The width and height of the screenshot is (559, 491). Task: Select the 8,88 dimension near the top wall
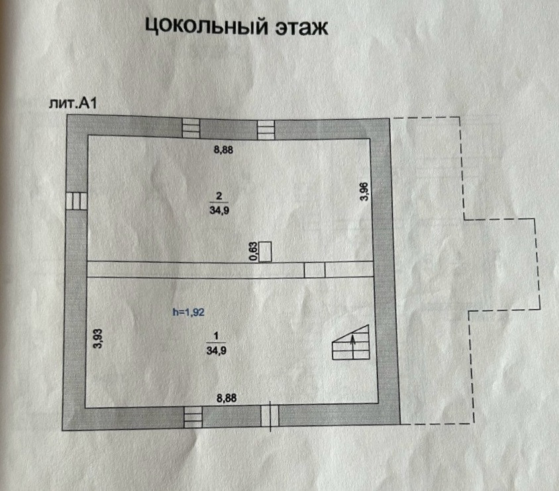pos(223,149)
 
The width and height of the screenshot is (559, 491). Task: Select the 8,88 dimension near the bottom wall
pos(228,398)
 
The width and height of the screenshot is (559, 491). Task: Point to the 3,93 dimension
pos(97,338)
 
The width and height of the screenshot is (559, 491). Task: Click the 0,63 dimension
pos(252,252)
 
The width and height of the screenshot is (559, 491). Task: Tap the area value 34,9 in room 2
pos(219,208)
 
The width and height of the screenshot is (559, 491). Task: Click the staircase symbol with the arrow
pos(352,342)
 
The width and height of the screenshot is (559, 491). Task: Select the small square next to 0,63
pos(266,252)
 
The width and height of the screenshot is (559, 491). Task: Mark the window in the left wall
pos(76,200)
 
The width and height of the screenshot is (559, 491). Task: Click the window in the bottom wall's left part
pos(193,416)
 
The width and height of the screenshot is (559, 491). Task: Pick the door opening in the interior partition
pos(315,269)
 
